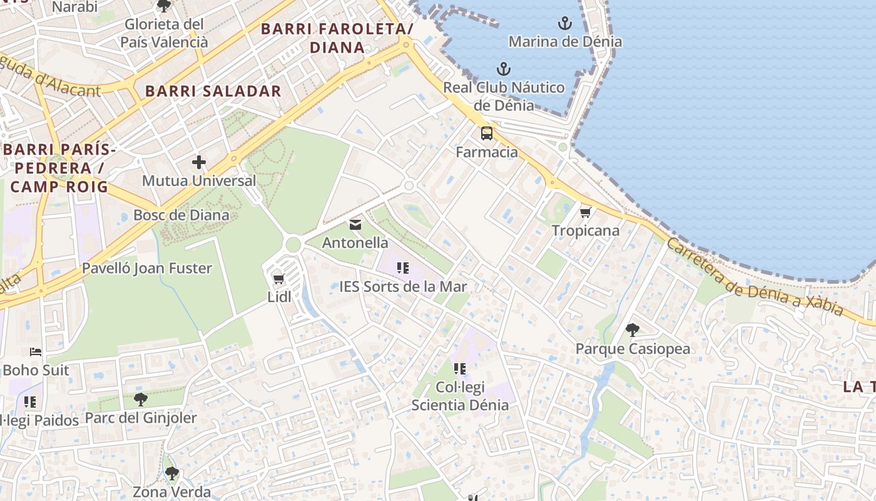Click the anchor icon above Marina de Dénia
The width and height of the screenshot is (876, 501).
coord(565,24)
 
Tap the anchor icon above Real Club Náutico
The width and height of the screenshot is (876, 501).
coord(504,69)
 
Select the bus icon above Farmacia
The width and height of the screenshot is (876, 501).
coord(487,133)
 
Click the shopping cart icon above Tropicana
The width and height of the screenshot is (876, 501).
coord(585,213)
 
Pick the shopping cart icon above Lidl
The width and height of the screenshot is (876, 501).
coord(279,279)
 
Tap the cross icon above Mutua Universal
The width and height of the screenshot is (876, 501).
coord(199,163)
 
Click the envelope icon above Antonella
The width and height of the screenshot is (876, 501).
coord(355,225)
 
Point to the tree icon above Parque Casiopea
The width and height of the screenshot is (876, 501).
coord(633,329)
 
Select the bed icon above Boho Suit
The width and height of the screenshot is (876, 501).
coord(36,352)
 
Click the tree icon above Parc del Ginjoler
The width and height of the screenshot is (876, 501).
coord(141,399)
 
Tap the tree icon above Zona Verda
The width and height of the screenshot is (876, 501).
coord(171,473)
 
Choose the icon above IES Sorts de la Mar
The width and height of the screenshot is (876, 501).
coord(403,269)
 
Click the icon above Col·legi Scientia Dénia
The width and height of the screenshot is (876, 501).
coord(460,369)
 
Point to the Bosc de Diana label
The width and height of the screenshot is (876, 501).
coord(181,215)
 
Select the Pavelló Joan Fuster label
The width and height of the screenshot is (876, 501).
coord(148,269)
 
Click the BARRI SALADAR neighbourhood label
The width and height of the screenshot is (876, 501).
coord(213,91)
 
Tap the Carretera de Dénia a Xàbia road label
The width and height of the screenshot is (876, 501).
coord(754,277)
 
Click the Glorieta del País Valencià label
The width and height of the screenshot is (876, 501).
coord(164,33)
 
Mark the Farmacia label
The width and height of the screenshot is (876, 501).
coord(487,152)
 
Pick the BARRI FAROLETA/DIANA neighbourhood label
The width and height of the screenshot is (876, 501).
coord(337,38)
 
